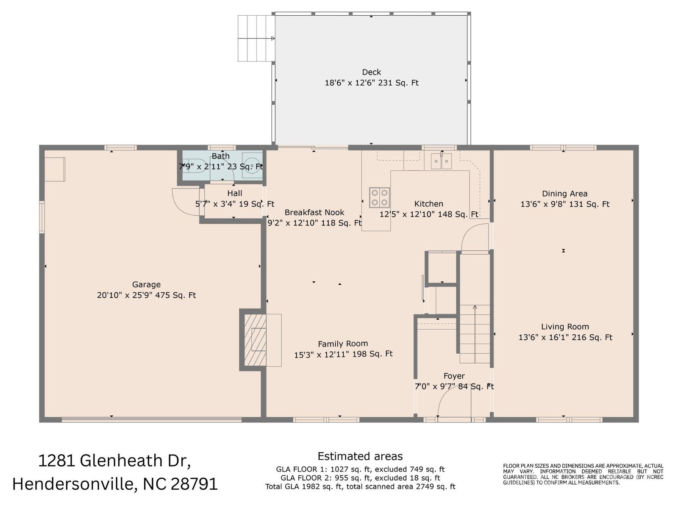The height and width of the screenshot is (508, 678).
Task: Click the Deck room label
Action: (x=371, y=72)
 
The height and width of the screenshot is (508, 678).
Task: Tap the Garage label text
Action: (x=147, y=284)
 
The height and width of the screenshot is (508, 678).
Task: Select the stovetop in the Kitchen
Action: (x=379, y=197)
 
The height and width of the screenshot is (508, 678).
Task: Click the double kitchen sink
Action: (x=442, y=161)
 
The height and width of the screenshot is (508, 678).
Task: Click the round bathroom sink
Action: (x=252, y=166)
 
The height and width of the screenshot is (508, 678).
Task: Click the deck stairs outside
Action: (x=256, y=38)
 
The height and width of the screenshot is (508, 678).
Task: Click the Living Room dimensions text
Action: (x=565, y=337)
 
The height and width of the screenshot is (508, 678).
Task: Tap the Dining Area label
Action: (x=564, y=194)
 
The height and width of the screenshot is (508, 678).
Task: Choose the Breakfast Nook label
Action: (x=314, y=212)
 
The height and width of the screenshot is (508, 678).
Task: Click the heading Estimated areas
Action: (x=360, y=456)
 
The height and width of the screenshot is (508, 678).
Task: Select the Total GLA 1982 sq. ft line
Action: (x=360, y=487)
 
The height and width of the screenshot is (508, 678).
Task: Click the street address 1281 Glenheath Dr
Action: (x=114, y=461)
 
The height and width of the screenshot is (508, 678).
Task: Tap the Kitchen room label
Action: (x=429, y=204)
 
